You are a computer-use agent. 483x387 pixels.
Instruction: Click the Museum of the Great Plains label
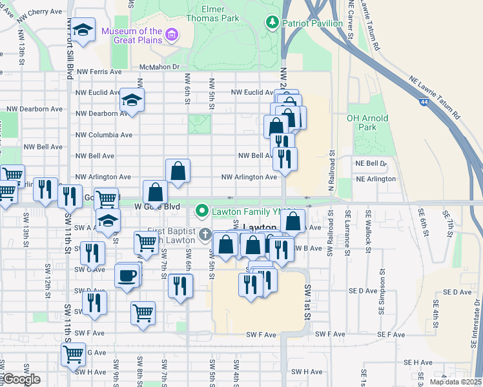tap(132, 35)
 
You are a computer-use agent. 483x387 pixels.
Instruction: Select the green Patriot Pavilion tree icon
tap(272, 23)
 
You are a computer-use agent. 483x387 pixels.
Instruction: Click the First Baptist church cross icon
tap(205, 234)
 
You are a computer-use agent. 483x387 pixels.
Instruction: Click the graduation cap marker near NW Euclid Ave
tap(132, 101)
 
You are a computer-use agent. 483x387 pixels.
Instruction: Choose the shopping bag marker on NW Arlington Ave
tap(178, 171)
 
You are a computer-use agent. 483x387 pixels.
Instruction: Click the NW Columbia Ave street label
tap(104, 135)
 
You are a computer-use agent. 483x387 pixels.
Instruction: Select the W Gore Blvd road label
tap(156, 206)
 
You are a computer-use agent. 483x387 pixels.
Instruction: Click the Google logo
tap(21, 379)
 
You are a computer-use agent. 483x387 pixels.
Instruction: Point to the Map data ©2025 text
tap(456, 382)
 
